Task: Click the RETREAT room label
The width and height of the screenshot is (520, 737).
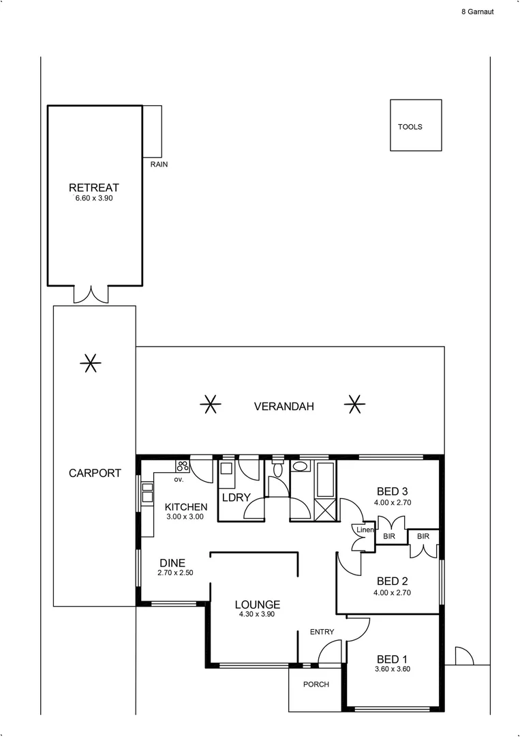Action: (x=94, y=188)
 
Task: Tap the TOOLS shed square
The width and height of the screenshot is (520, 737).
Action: (x=415, y=126)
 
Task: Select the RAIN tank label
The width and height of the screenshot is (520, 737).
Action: (x=159, y=164)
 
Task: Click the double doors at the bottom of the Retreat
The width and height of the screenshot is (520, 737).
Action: (x=91, y=294)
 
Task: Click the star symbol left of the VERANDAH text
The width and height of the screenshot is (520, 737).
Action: (x=211, y=405)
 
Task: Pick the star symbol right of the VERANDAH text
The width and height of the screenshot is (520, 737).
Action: (x=353, y=405)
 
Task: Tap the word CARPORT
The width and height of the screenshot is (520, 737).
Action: (x=95, y=473)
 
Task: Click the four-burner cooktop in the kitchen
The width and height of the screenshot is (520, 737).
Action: (x=183, y=467)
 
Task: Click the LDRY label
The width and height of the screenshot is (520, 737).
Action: (x=236, y=497)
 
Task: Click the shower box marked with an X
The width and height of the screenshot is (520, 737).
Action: (x=325, y=508)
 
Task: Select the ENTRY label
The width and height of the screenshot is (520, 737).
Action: (x=322, y=632)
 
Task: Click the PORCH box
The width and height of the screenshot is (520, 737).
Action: (x=316, y=684)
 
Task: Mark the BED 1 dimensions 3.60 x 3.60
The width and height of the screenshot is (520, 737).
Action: (x=392, y=669)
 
